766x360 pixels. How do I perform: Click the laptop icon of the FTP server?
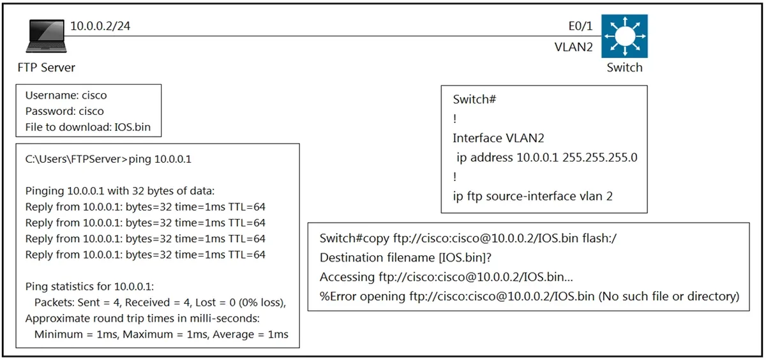pyautogui.click(x=46, y=36)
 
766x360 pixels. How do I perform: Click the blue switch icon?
pyautogui.click(x=624, y=36)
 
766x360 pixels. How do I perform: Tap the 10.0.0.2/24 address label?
pyautogui.click(x=100, y=26)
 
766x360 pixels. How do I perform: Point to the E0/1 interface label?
pyautogui.click(x=580, y=26)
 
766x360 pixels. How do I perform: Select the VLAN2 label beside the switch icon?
pyautogui.click(x=573, y=47)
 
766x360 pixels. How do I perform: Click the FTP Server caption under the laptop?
pyautogui.click(x=46, y=68)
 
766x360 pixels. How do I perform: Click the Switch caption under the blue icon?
pyautogui.click(x=624, y=68)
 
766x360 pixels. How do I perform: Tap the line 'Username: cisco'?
pyautogui.click(x=66, y=95)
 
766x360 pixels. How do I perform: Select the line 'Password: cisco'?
pyautogui.click(x=64, y=111)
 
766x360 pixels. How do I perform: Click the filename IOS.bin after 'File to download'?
pyautogui.click(x=132, y=127)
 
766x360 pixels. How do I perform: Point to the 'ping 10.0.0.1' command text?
pyautogui.click(x=160, y=159)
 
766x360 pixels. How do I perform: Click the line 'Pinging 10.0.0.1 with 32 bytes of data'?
pyautogui.click(x=120, y=191)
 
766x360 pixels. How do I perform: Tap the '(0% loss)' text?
pyautogui.click(x=262, y=303)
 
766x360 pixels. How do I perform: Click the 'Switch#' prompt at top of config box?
pyautogui.click(x=474, y=99)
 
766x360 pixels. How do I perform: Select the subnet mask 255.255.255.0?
pyautogui.click(x=600, y=157)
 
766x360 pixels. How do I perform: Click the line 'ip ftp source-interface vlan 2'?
pyautogui.click(x=532, y=196)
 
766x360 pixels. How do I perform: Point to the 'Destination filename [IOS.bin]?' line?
pyautogui.click(x=405, y=257)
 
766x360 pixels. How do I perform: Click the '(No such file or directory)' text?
pyautogui.click(x=668, y=296)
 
